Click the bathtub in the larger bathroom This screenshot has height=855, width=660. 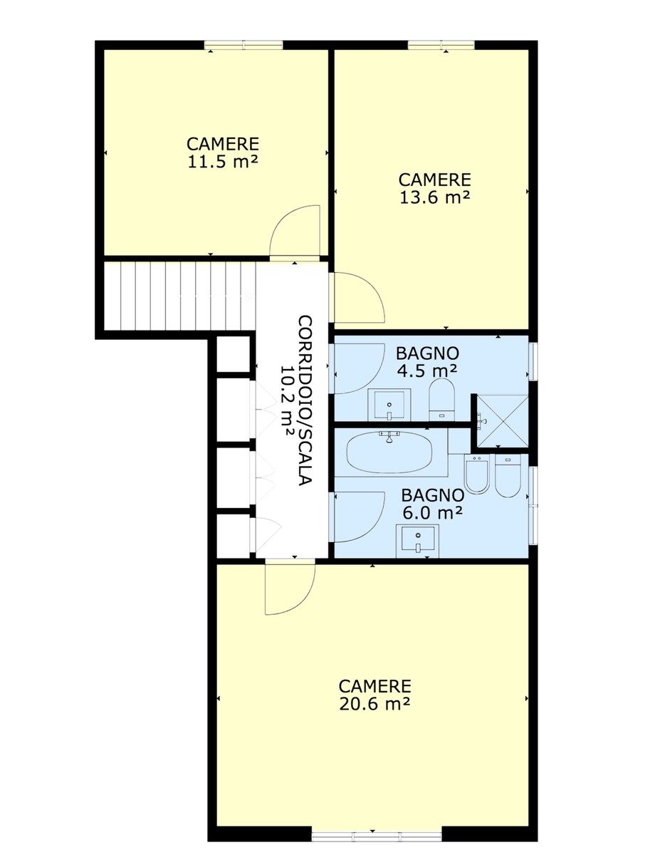coord(389,452)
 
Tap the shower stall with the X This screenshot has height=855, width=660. coord(503,421)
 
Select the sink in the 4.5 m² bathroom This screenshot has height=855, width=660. coord(389,405)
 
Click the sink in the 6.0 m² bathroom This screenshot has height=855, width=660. coord(417,541)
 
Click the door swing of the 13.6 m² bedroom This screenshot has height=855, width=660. coord(359,297)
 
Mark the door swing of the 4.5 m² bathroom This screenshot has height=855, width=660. coord(359,368)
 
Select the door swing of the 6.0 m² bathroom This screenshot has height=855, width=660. coord(359,517)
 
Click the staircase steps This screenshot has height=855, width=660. coord(179,296)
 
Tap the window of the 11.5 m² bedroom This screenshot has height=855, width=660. coord(243,45)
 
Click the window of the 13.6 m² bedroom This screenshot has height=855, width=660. coord(441,45)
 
